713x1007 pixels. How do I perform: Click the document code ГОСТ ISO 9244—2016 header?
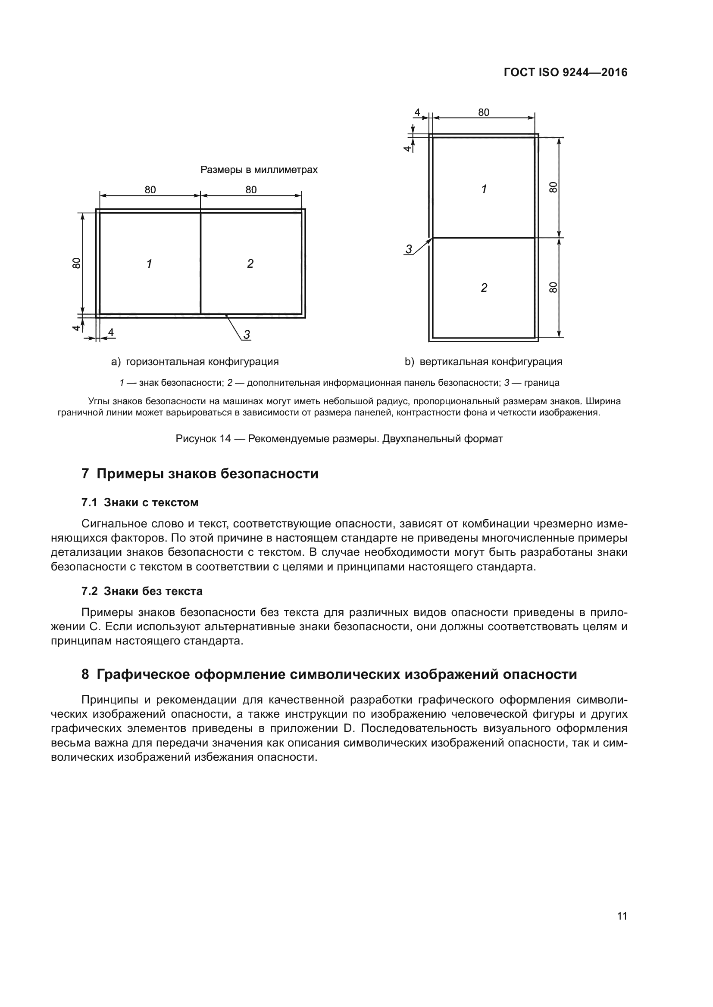pos(566,72)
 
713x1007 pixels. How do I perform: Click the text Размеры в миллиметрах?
pos(259,170)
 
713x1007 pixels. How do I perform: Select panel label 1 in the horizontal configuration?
pos(149,263)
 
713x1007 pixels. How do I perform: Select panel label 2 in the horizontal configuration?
pos(250,263)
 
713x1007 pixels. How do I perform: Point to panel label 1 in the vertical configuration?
pos(484,189)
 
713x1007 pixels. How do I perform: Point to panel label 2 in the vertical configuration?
pos(484,288)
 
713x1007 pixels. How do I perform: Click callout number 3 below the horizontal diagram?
pos(247,335)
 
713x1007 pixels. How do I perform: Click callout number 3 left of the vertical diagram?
pos(409,250)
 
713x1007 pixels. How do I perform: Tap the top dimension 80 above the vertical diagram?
pos(483,112)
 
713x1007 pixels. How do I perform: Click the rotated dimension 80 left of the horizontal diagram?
pos(76,263)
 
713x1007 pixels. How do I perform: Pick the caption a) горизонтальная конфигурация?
pos(195,362)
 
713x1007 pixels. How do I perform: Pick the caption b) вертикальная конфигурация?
pos(483,362)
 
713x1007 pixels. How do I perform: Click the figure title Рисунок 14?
pos(339,439)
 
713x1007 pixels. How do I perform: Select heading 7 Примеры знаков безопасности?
pos(200,474)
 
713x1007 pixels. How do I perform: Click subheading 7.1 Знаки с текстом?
pos(140,502)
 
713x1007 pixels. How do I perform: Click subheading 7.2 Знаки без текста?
pos(142,591)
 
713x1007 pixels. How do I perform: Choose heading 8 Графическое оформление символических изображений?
pos(329,675)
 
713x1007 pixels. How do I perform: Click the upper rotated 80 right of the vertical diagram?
pos(553,187)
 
